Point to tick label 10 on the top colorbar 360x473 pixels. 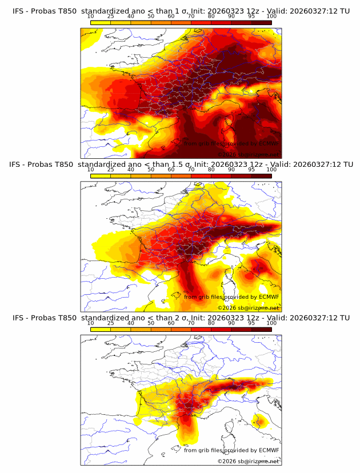(90, 16)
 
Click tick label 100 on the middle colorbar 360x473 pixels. (271, 170)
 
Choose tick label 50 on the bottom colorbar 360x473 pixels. (151, 323)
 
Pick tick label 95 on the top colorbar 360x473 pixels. (251, 16)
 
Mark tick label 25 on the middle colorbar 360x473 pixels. (110, 170)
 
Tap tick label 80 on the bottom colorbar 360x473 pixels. (211, 323)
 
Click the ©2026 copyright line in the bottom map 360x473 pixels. (248, 461)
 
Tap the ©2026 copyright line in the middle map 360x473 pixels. (248, 307)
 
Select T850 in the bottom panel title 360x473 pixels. (66, 318)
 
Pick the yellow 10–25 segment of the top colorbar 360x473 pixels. (100, 22)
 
